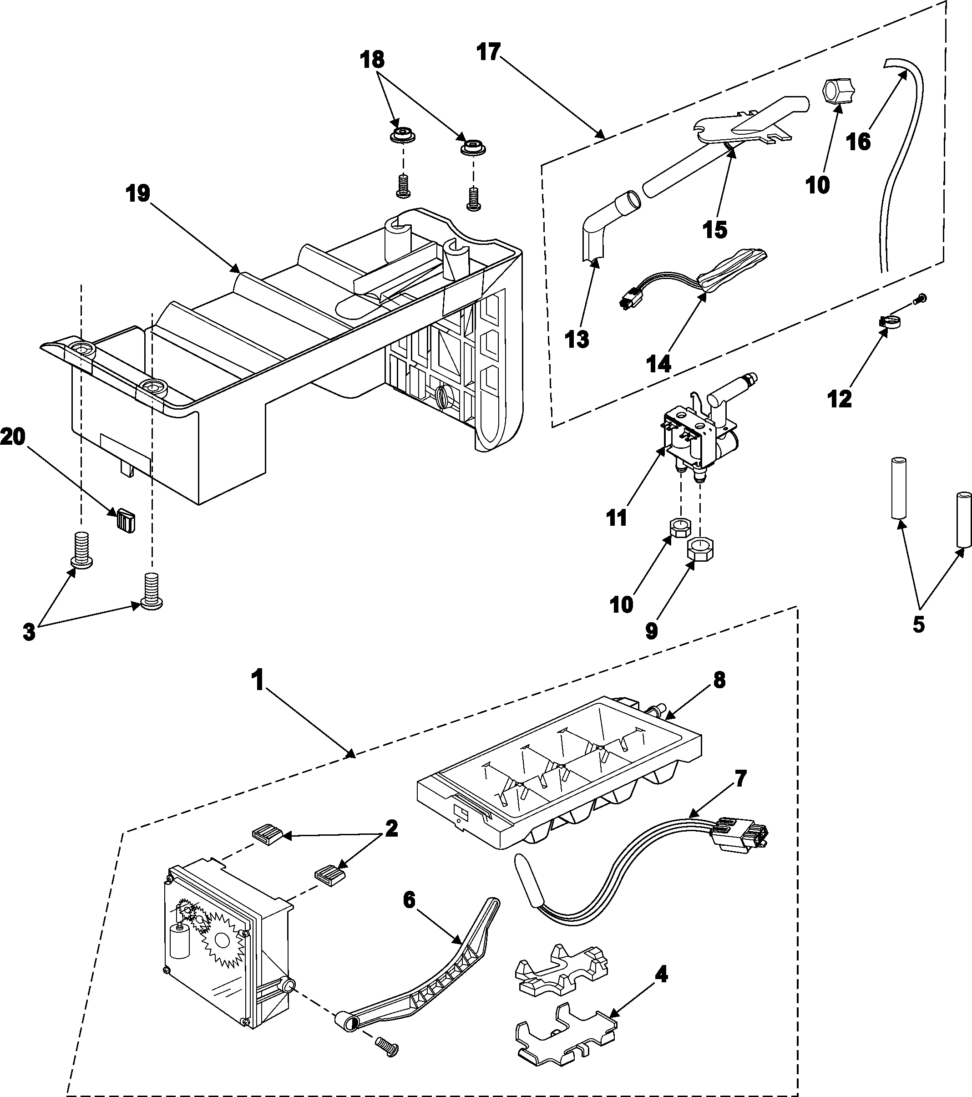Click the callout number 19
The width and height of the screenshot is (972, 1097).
coord(138,194)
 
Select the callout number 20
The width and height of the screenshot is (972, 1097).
coord(13,437)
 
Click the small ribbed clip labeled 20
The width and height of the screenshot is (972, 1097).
coord(127,520)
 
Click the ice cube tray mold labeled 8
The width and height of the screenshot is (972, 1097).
coord(558,773)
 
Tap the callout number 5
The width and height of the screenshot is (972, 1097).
coord(918,624)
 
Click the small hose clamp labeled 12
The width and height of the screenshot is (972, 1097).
coord(891,322)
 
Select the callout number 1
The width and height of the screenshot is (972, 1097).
coord(258,681)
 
